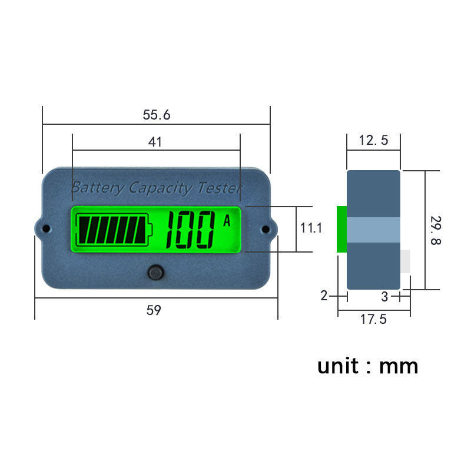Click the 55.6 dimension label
coord(157,115)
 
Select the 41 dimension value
coord(155,142)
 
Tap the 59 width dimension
coord(154,310)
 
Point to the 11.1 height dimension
coord(311,228)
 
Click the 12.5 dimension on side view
coord(374,140)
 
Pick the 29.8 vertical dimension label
coord(436,230)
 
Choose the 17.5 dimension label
coord(373,319)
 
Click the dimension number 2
coord(324,296)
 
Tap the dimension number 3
coord(385,297)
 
